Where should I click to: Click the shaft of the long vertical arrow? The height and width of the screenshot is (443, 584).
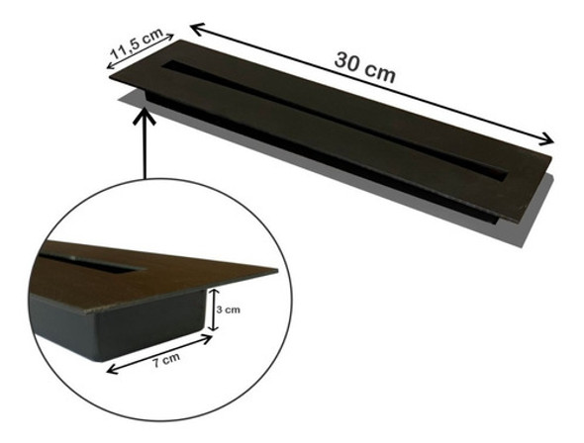(146, 148)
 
